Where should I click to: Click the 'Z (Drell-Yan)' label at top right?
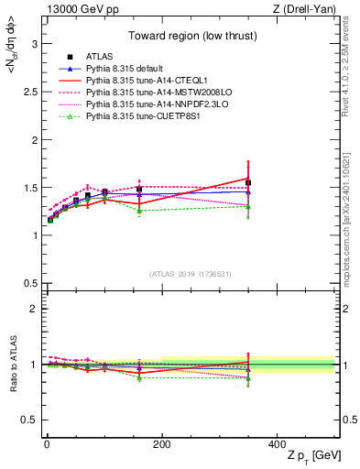pos(305,8)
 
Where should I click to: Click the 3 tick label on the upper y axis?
pos(33,44)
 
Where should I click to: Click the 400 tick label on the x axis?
pos(278,444)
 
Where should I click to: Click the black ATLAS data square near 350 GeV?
pos(248,182)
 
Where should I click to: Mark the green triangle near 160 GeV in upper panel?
pos(139,211)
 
